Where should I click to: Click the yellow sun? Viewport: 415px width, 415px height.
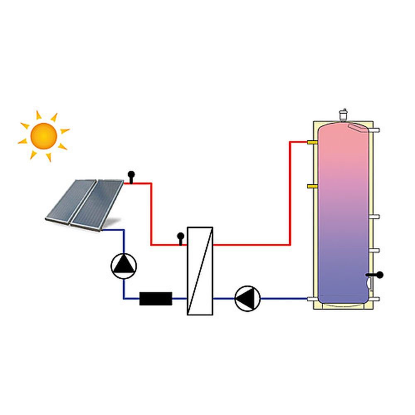44,136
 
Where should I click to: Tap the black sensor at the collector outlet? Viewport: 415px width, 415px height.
131,176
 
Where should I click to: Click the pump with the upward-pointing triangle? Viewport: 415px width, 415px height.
124,266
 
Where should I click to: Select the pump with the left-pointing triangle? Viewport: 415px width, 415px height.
247,298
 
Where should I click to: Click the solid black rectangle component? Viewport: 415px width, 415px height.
156,298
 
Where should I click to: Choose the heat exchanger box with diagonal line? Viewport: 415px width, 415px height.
200,271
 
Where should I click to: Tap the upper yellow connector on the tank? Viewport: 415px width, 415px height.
312,142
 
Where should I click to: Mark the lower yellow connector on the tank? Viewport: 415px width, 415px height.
312,186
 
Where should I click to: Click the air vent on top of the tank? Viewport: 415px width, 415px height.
343,113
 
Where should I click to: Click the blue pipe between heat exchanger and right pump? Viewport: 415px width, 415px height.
224,298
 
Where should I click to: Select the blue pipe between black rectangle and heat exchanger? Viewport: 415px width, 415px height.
179,298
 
